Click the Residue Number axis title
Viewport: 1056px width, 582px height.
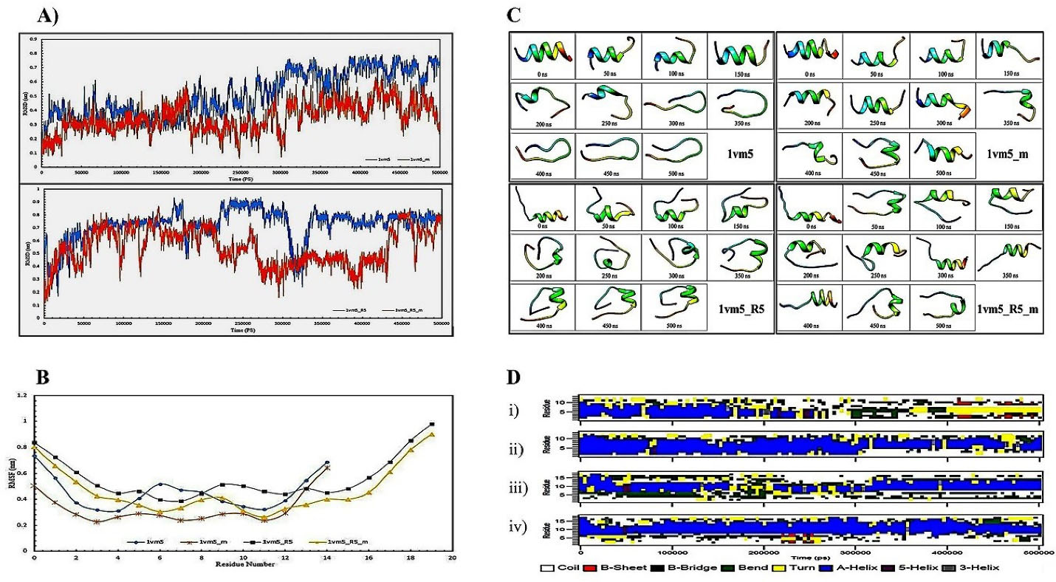pos(244,564)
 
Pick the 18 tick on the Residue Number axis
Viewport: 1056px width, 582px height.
pos(411,557)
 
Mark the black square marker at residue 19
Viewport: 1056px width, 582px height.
pos(432,425)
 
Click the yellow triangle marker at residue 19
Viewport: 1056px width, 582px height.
pos(432,435)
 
